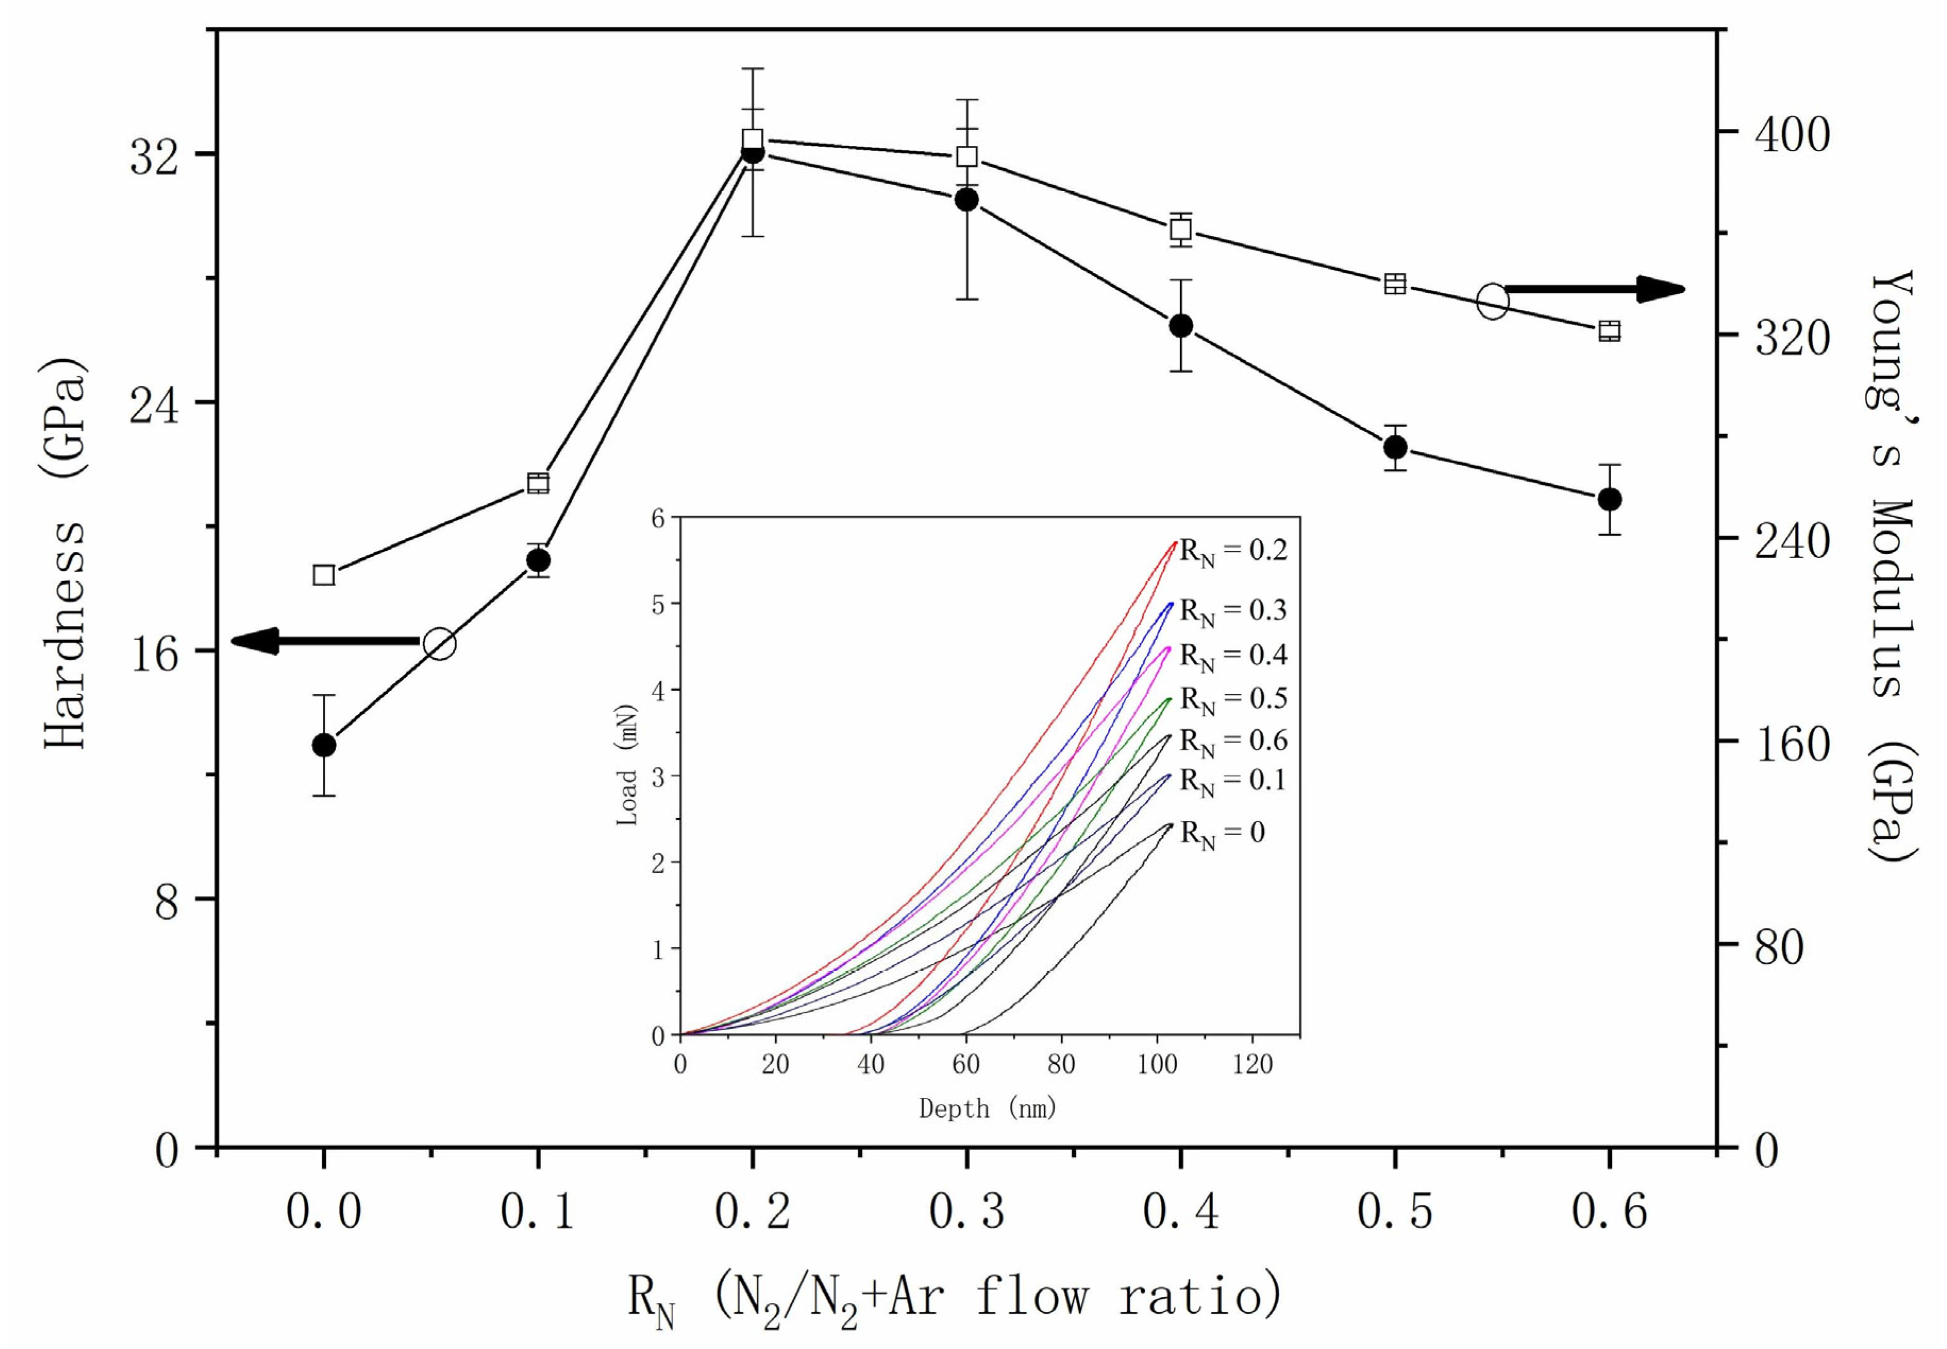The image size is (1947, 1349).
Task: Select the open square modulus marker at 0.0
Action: (324, 575)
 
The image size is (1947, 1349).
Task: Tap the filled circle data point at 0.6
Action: (1610, 499)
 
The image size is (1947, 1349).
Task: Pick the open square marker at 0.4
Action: (1181, 229)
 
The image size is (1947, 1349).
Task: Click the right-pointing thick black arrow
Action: (1593, 289)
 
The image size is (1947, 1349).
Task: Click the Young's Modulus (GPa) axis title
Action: (1891, 566)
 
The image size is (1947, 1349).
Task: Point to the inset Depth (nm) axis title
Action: (987, 1108)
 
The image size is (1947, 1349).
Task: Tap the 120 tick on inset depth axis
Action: (1252, 1064)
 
